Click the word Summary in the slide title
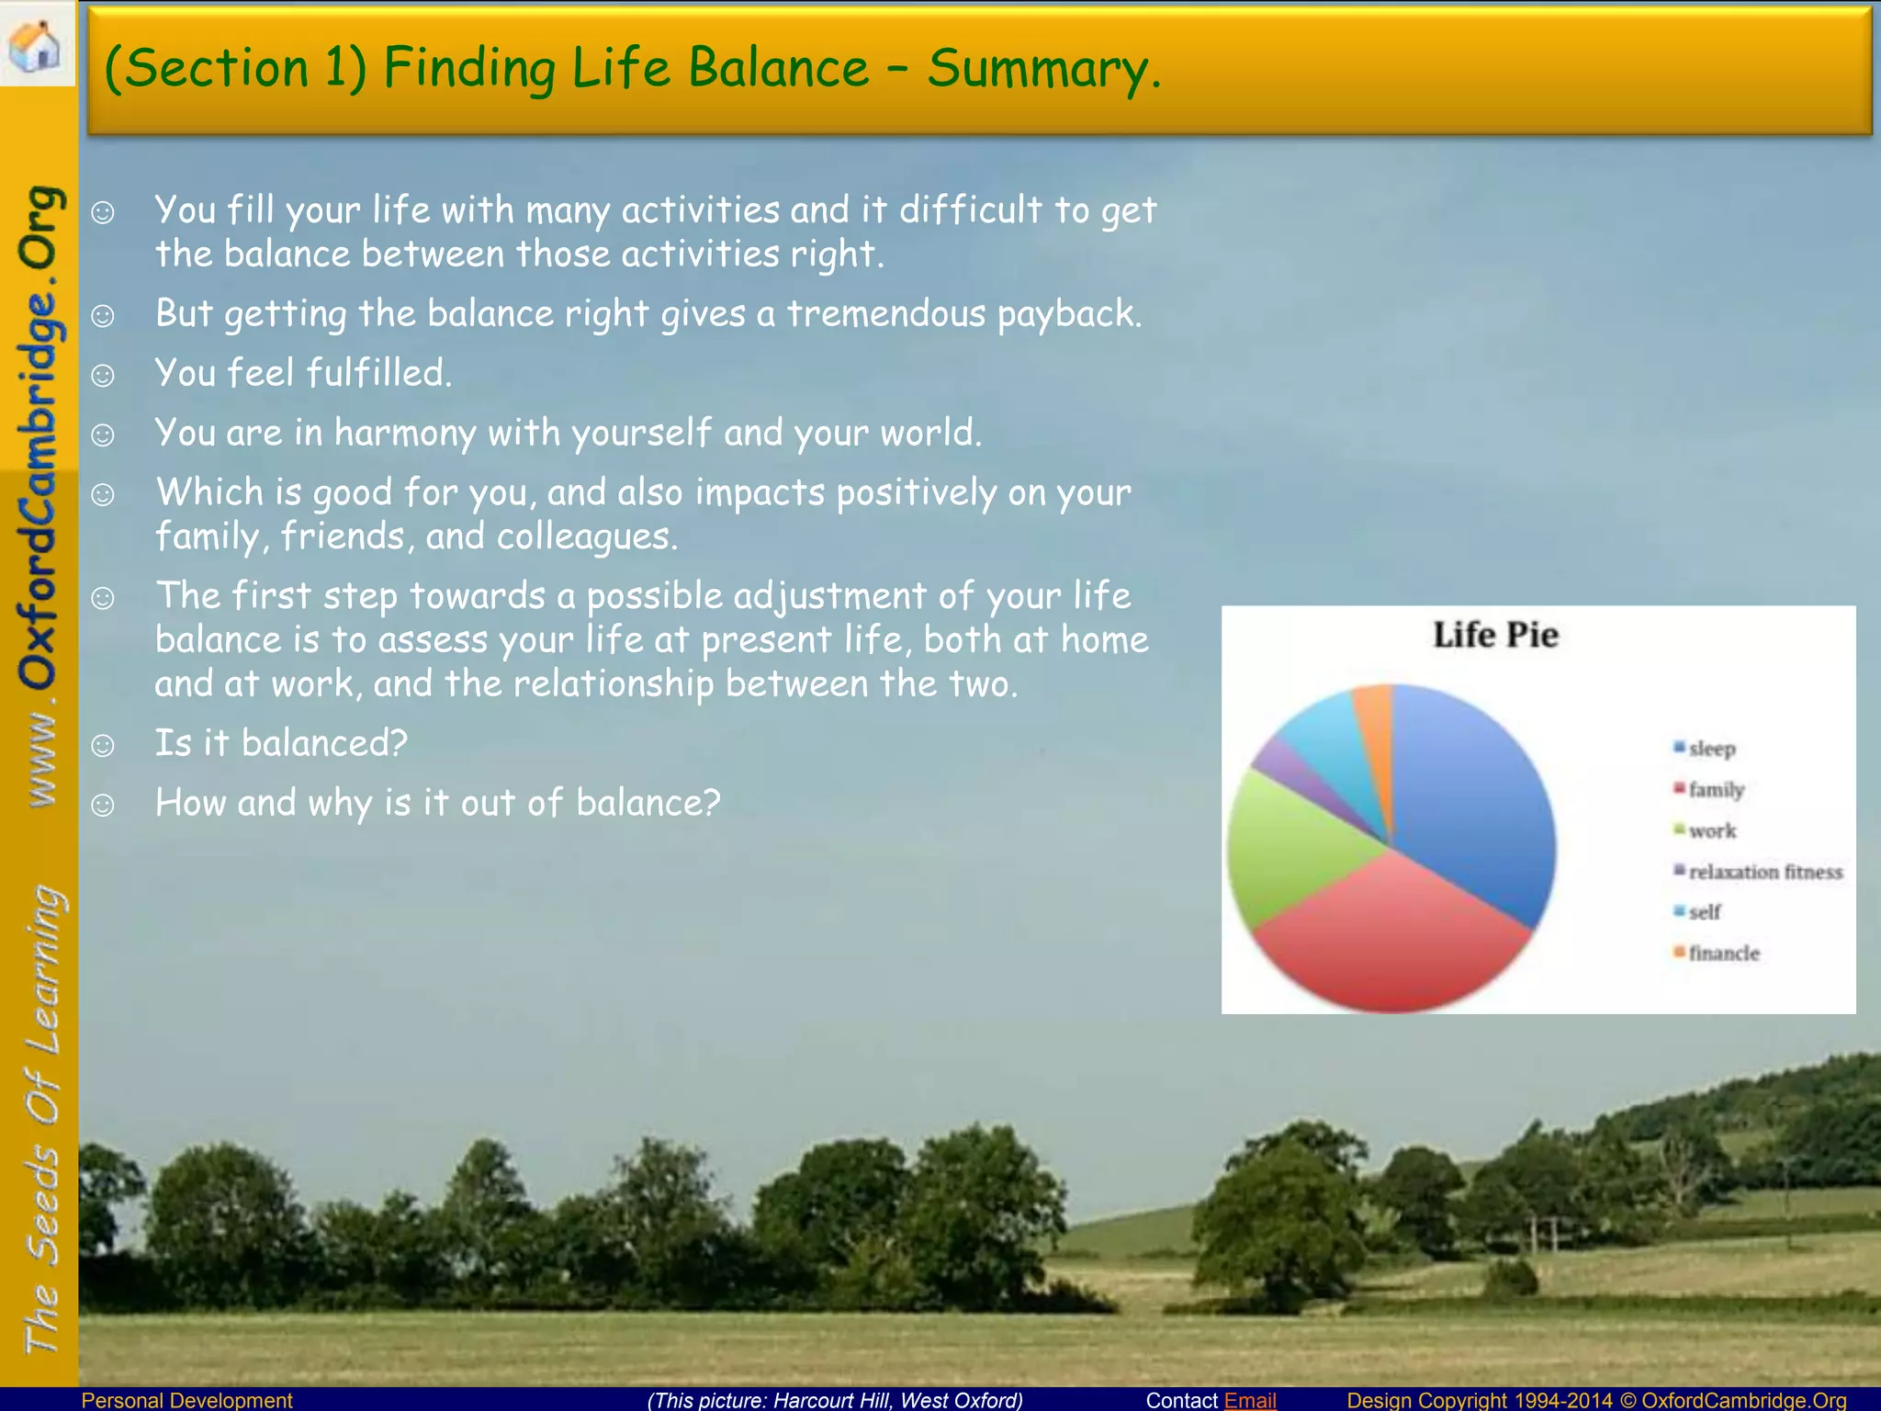coord(1043,68)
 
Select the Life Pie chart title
coord(1495,635)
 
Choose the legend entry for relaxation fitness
coord(1764,872)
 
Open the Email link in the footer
coord(1250,1400)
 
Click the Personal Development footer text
coord(186,1400)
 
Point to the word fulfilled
coord(378,374)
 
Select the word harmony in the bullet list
coord(404,433)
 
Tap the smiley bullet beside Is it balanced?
coord(103,745)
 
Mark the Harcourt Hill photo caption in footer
coord(835,1400)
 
